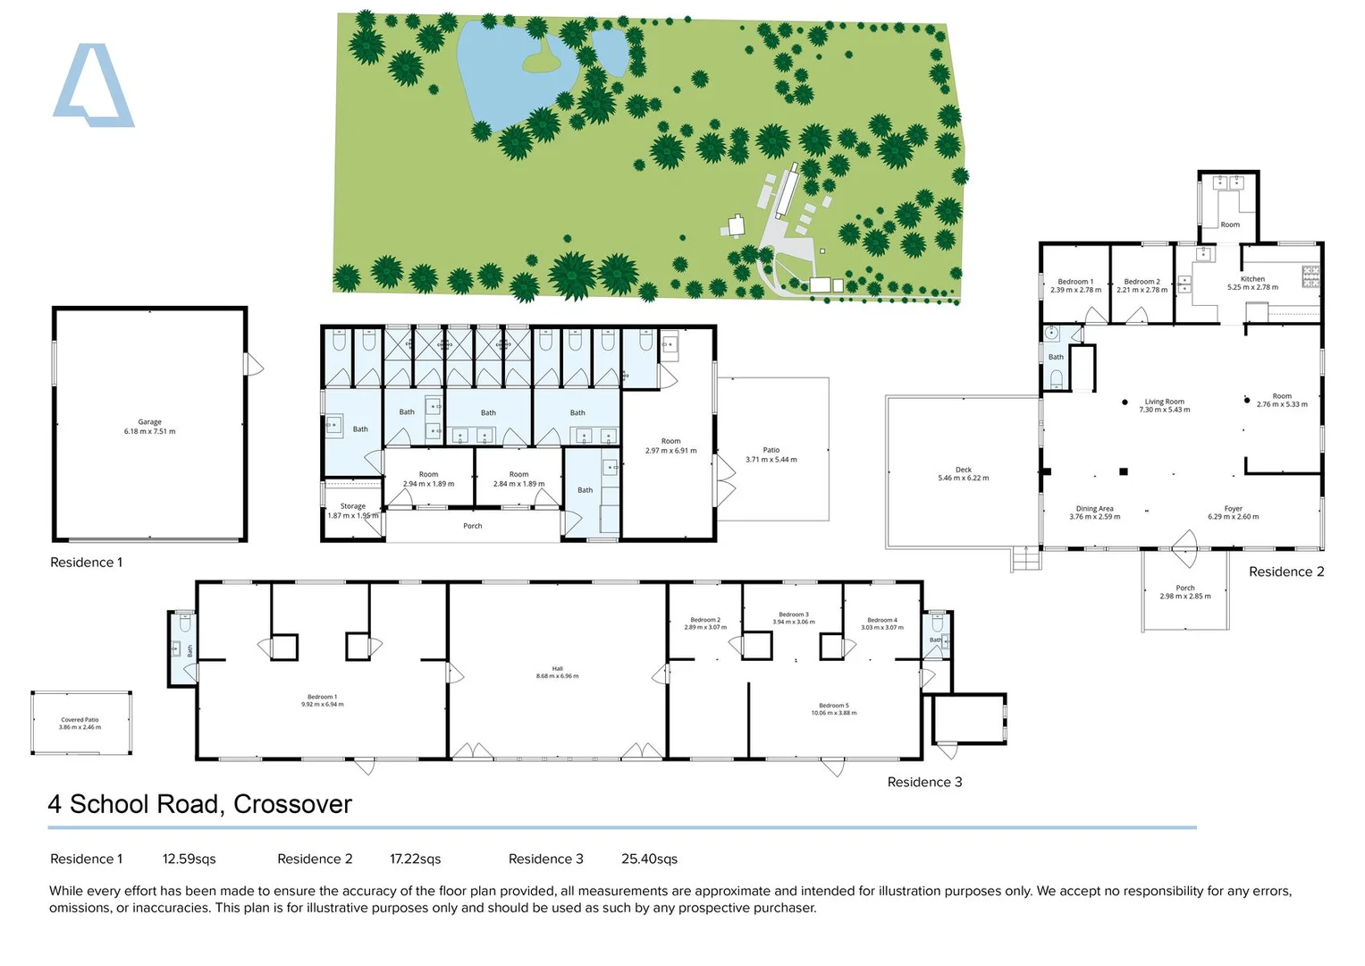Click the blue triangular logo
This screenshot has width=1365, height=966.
point(93,87)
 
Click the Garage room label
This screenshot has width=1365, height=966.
point(149,427)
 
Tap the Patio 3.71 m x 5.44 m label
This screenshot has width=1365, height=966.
point(771,455)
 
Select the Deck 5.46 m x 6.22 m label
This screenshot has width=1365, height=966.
point(963,474)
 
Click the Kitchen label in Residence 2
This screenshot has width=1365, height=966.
point(1251,284)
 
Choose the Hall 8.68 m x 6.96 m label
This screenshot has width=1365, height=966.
point(557,673)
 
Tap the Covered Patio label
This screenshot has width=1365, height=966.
point(80,724)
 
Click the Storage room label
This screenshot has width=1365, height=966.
point(352,511)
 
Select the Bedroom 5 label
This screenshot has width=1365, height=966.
point(833,709)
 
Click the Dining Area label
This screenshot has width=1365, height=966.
point(1094,513)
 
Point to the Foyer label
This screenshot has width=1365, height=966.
point(1233,513)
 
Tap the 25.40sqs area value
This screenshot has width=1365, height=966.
point(649,859)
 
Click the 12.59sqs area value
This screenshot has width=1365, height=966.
point(189,859)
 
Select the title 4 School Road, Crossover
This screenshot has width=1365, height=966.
point(199,804)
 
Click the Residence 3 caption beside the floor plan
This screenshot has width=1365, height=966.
point(924,782)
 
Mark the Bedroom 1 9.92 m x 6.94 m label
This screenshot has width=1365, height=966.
point(322,700)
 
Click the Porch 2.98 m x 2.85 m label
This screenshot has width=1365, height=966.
point(1184,592)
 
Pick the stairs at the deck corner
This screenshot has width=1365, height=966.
point(1026,559)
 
